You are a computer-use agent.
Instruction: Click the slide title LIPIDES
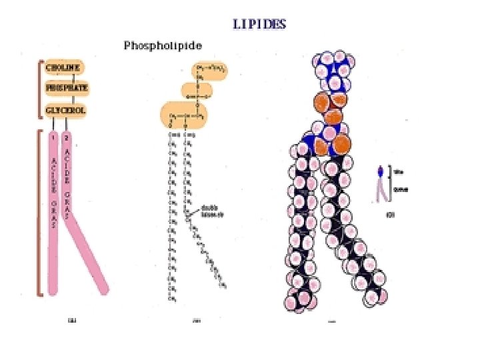click(259, 24)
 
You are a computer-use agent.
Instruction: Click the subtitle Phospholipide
click(163, 45)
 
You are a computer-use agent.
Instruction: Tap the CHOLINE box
click(63, 67)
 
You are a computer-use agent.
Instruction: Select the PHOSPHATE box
click(67, 88)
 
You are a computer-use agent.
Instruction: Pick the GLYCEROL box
click(65, 110)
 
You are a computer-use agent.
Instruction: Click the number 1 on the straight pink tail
click(52, 138)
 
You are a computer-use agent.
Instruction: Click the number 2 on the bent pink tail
click(67, 138)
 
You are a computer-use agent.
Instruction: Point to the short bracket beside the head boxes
click(39, 89)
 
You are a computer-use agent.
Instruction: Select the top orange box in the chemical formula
click(208, 70)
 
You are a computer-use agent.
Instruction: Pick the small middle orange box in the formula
click(197, 91)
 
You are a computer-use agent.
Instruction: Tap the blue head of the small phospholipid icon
click(381, 171)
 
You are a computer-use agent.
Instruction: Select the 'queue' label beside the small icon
click(401, 189)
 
